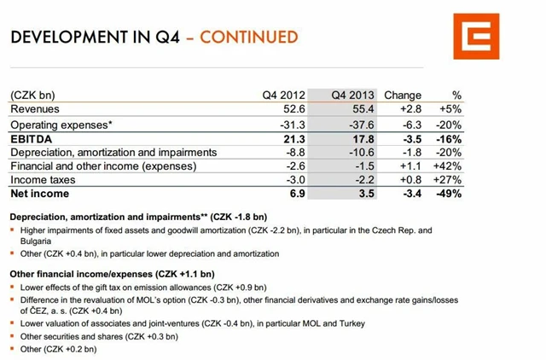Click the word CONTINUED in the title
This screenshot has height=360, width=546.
coord(248,37)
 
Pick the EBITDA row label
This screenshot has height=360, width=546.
coord(32,138)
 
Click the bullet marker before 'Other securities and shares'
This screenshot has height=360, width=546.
coord(14,336)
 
